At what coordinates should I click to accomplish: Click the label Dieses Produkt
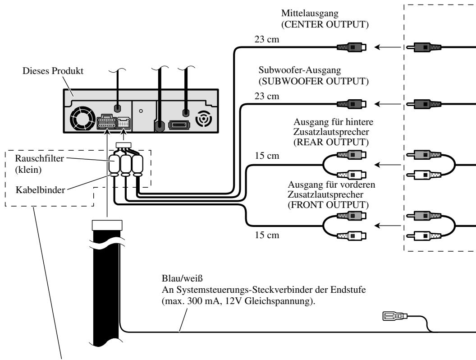pos(53,71)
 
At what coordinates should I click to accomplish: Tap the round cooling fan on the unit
pos(81,118)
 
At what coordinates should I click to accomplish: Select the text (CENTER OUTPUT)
pos(325,24)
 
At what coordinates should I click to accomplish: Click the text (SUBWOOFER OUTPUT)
pos(314,81)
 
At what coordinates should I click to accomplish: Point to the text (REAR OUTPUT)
pos(331,142)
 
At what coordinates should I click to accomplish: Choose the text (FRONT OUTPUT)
pos(328,204)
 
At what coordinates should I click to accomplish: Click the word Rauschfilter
pos(40,158)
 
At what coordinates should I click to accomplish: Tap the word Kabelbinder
pos(41,190)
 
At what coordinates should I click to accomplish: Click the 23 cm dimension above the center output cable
pos(266,39)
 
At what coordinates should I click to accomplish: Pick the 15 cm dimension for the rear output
pos(267,156)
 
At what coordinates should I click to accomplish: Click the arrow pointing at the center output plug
pos(388,47)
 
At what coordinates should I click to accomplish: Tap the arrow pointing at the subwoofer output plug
pos(388,104)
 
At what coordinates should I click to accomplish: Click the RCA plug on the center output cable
pos(352,47)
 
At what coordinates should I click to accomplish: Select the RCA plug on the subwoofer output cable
pos(352,104)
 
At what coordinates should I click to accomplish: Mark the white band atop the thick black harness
pos(107,225)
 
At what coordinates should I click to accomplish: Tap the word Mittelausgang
pos(310,13)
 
